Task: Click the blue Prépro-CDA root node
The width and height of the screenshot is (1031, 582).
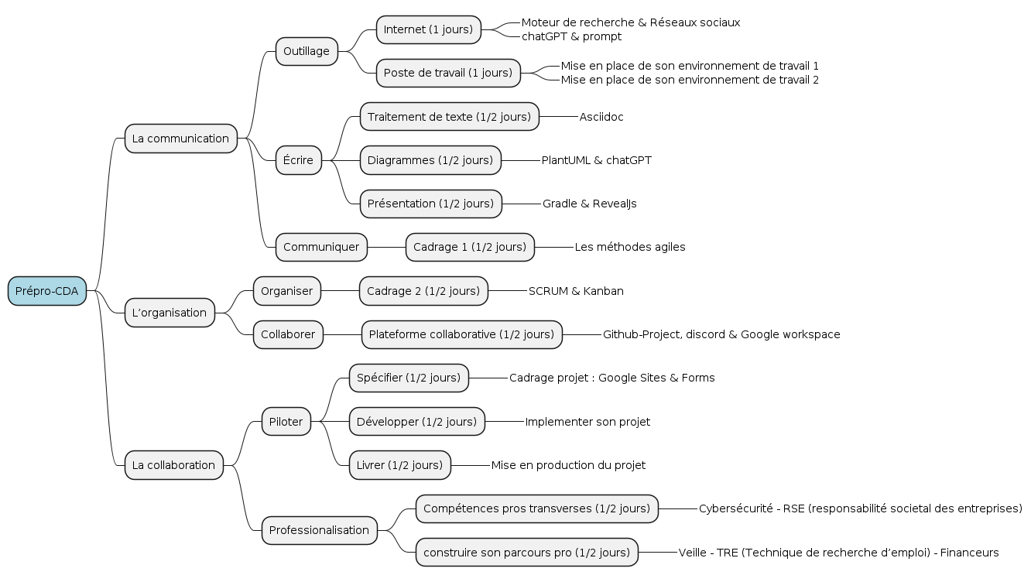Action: click(47, 291)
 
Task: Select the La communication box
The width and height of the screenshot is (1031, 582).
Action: click(180, 139)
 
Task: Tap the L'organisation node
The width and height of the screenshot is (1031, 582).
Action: click(170, 313)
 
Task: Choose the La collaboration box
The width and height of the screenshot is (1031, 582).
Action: click(173, 465)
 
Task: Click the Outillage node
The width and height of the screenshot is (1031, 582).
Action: click(307, 51)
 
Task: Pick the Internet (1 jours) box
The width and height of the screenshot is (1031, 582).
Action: click(428, 29)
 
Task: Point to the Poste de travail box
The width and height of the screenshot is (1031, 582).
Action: click(448, 73)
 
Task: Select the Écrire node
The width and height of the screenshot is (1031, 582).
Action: click(298, 160)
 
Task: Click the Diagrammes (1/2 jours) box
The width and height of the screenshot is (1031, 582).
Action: click(430, 160)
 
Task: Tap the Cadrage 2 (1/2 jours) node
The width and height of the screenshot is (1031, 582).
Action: click(423, 291)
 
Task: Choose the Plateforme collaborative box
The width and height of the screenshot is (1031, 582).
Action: click(461, 334)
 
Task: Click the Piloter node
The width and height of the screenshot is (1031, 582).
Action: click(286, 422)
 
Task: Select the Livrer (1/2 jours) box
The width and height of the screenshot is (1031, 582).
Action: click(399, 465)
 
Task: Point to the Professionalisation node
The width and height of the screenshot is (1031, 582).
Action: click(320, 530)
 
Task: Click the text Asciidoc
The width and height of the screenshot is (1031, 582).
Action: click(601, 117)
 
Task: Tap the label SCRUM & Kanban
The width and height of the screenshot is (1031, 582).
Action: click(576, 291)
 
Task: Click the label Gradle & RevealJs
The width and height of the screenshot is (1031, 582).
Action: click(590, 204)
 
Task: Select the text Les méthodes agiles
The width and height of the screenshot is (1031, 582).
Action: click(630, 247)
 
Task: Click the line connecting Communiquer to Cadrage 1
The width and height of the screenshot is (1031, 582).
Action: click(386, 247)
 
